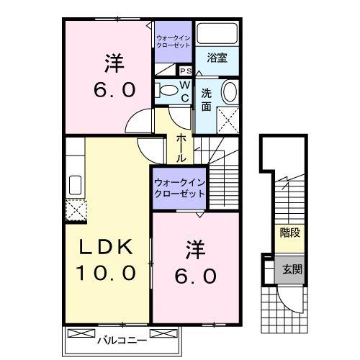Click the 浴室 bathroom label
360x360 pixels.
(218, 58)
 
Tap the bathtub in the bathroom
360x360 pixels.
(217, 34)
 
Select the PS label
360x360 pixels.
(185, 71)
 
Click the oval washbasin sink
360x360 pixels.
(228, 92)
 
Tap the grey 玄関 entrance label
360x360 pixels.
(290, 269)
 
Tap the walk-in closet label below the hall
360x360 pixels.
(179, 189)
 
